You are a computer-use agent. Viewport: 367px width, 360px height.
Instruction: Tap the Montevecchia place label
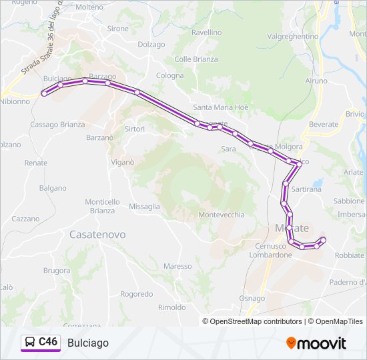[x=222, y=215]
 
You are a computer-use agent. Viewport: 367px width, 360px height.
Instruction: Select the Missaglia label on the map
[x=144, y=207]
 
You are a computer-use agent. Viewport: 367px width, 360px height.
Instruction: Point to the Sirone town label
[x=118, y=29]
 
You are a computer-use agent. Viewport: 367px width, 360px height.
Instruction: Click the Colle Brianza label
[x=196, y=59]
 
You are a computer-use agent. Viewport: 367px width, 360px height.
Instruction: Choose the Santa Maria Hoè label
[x=220, y=107]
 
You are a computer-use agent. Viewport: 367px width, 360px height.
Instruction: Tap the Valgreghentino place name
[x=292, y=36]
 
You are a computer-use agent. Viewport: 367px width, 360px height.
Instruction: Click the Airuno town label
[x=316, y=81]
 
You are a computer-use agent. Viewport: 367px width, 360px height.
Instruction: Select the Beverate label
[x=324, y=125]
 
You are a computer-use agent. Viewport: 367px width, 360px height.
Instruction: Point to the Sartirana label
[x=306, y=189]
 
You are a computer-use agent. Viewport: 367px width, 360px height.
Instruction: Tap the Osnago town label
[x=252, y=298]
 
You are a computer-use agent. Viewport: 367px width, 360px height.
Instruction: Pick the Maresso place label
[x=177, y=266]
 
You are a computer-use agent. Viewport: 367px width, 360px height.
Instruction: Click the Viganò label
[x=123, y=162]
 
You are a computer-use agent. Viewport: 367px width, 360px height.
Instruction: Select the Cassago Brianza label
[x=57, y=125]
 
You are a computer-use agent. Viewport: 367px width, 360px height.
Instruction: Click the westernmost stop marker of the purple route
[x=44, y=93]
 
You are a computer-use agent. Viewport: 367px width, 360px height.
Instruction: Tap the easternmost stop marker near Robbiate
[x=324, y=239]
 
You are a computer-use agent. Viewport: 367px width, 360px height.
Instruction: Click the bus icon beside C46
[x=30, y=342]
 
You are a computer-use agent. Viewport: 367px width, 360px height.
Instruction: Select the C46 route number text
[x=49, y=342]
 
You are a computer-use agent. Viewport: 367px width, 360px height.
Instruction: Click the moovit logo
[x=316, y=343]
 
